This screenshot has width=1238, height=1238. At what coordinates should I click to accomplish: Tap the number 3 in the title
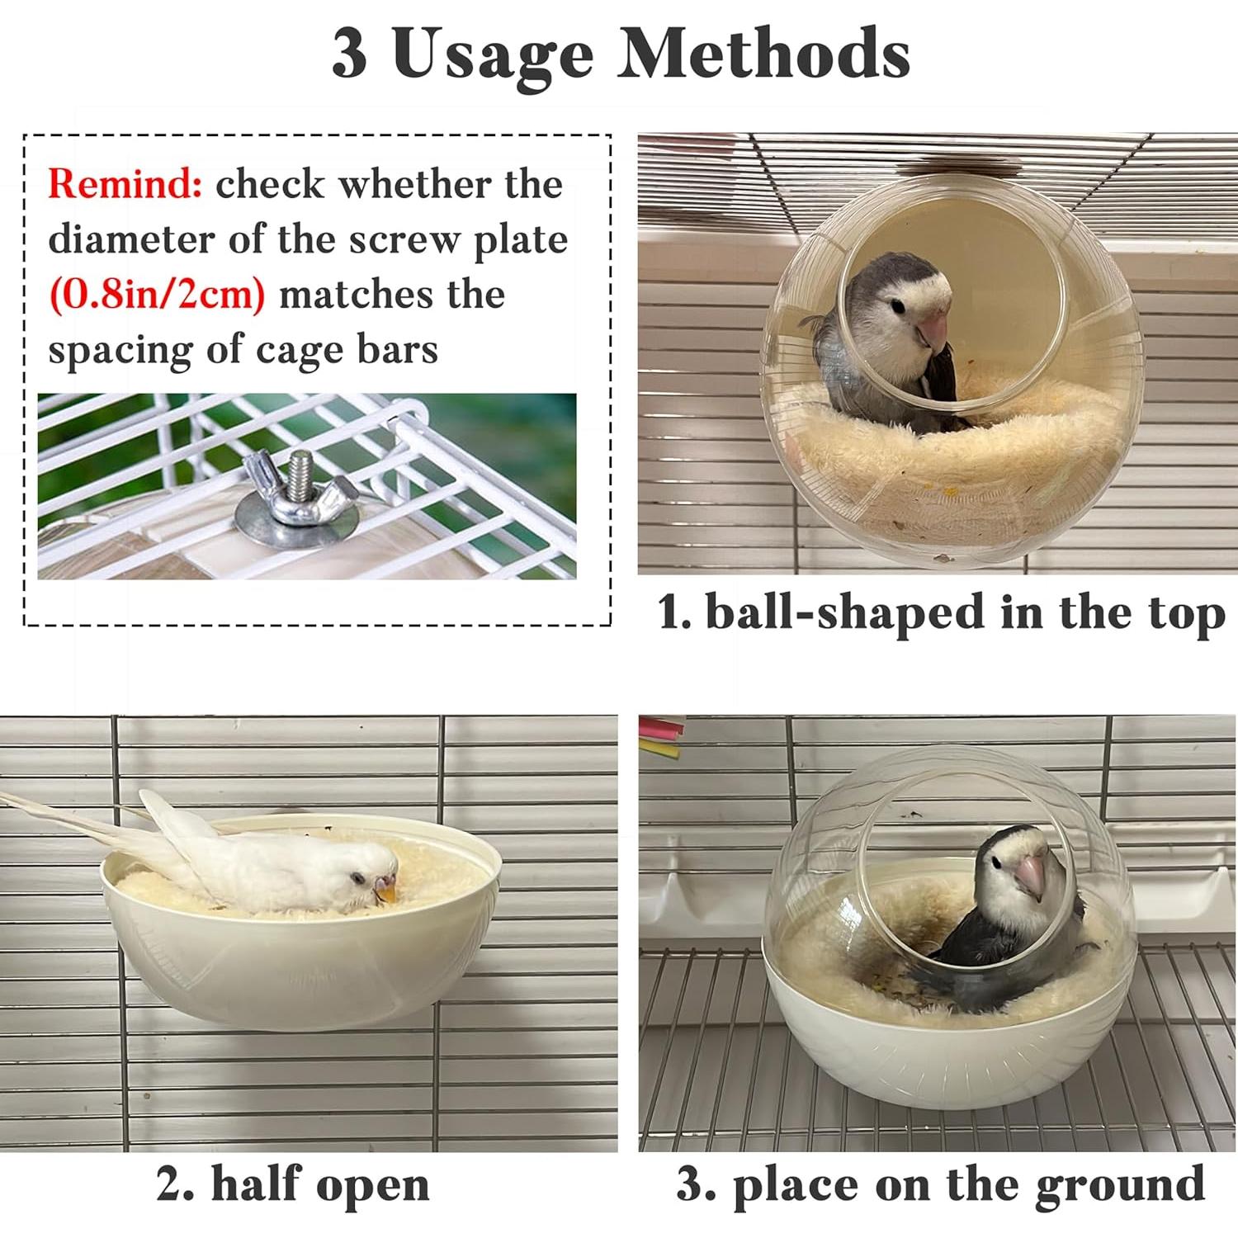tap(349, 54)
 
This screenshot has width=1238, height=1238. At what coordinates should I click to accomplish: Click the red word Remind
tap(125, 183)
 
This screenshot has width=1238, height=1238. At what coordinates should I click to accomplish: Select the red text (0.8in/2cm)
tap(158, 295)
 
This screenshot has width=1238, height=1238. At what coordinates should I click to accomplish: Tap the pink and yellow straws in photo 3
tap(661, 738)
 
